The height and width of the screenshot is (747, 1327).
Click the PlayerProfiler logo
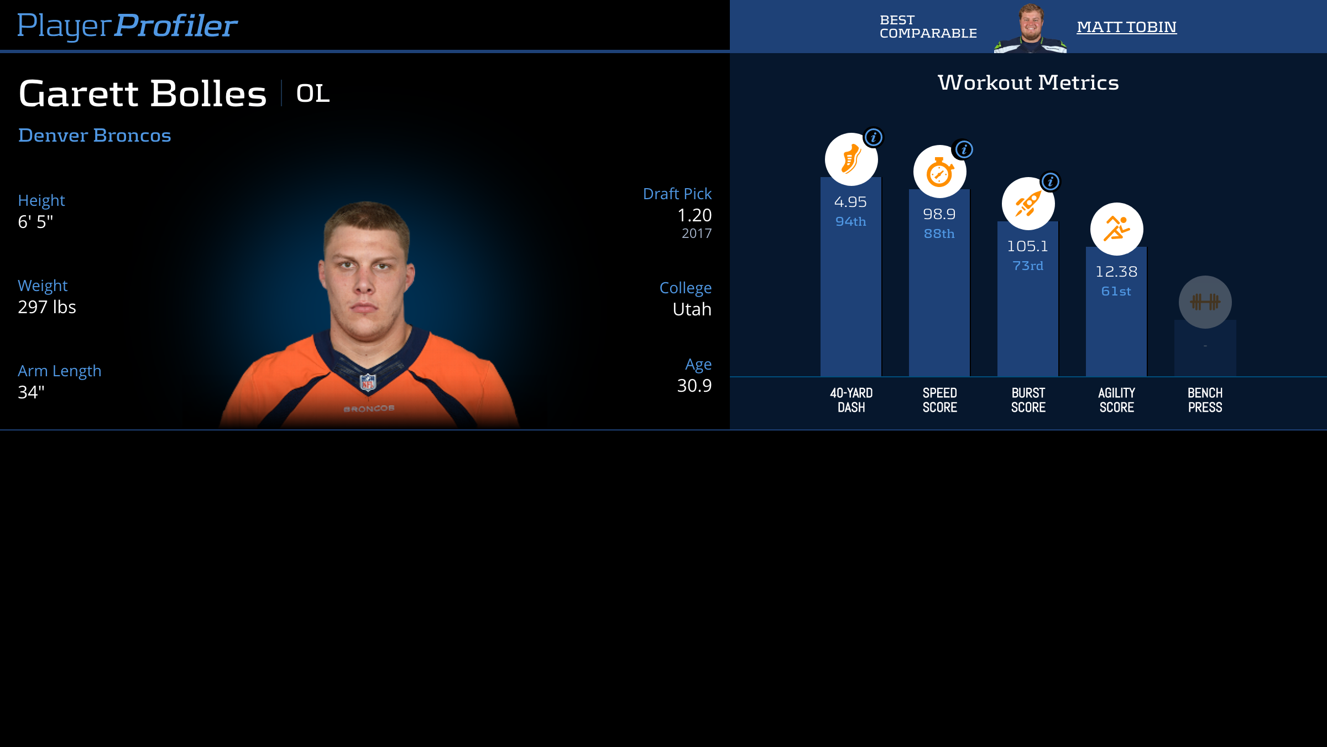tap(127, 25)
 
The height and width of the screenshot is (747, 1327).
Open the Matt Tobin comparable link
tap(1126, 27)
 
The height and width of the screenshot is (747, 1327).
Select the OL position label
tap(313, 93)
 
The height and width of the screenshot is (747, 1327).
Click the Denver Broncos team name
tap(95, 135)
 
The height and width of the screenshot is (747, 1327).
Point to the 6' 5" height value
tap(35, 222)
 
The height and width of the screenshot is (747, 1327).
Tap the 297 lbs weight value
tap(47, 307)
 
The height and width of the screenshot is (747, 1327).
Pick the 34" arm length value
tap(31, 392)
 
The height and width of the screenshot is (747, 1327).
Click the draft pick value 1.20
tap(694, 215)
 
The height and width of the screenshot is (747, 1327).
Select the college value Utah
tap(692, 309)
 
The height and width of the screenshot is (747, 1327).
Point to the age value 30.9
tap(694, 386)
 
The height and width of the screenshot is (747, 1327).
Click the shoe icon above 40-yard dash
tap(851, 159)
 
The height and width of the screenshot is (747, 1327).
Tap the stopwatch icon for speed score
tap(939, 172)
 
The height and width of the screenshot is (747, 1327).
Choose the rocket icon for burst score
tap(1028, 204)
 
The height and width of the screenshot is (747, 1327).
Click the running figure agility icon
tap(1116, 229)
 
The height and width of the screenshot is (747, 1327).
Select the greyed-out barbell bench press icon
tap(1205, 302)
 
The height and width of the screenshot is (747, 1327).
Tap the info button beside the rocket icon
tap(1050, 181)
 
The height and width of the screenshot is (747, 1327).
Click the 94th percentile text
tap(850, 221)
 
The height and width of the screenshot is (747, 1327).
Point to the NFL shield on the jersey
tap(368, 382)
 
